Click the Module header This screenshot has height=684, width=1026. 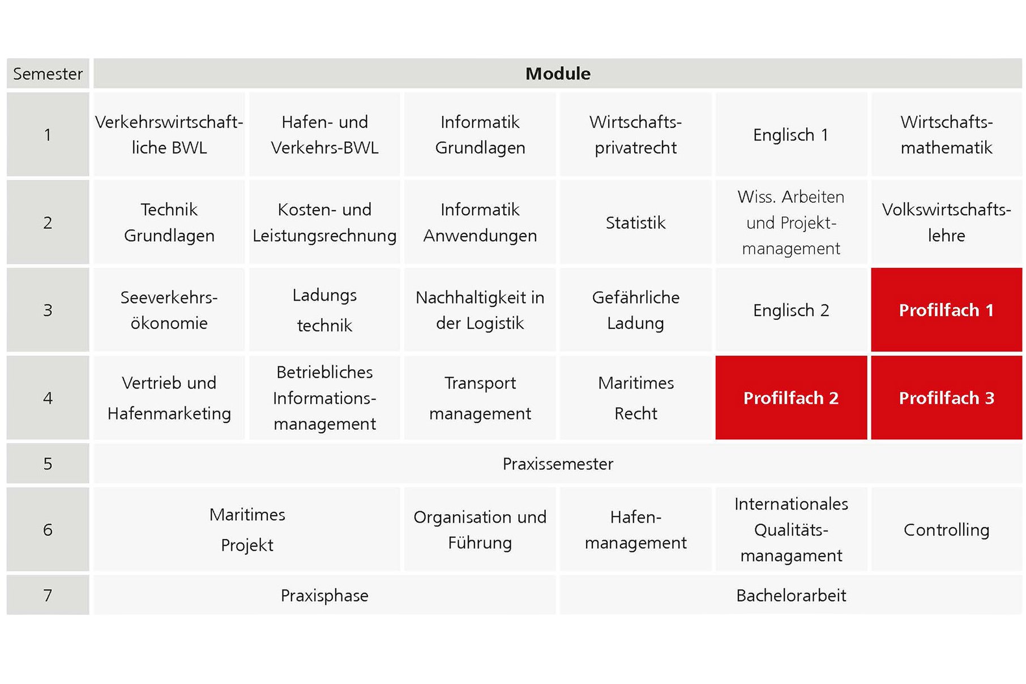point(558,74)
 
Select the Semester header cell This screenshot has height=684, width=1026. point(48,74)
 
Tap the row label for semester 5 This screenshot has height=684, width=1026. point(48,464)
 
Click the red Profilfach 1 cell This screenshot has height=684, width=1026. point(946,310)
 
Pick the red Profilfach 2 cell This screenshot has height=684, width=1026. point(791,397)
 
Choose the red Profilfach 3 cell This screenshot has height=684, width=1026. point(946,397)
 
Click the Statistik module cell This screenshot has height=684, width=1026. point(635,223)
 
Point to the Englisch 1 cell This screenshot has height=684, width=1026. point(791,135)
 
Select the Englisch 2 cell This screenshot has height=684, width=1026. point(791,310)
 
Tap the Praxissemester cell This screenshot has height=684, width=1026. point(558,464)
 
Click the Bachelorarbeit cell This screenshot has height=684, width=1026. point(791,595)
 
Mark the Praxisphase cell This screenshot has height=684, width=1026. point(324,595)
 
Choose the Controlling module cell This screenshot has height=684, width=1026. point(946,529)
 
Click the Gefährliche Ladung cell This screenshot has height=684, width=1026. point(635,310)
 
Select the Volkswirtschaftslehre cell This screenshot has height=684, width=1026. point(946,223)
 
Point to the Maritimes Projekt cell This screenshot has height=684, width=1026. point(247,529)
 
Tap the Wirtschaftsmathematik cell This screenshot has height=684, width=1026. point(946,135)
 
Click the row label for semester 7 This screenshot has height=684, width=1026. point(48,595)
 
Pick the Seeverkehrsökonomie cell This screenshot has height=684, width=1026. point(169,310)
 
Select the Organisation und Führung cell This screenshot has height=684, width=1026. point(480,529)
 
